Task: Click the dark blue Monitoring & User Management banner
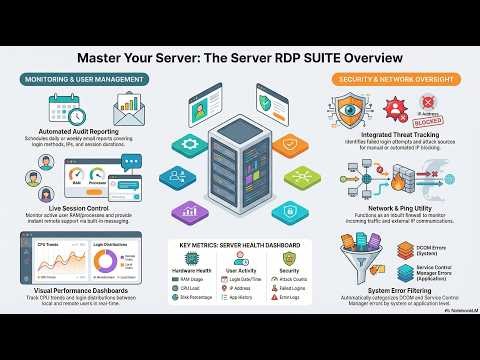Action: [x=84, y=78]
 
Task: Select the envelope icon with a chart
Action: [x=130, y=110]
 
